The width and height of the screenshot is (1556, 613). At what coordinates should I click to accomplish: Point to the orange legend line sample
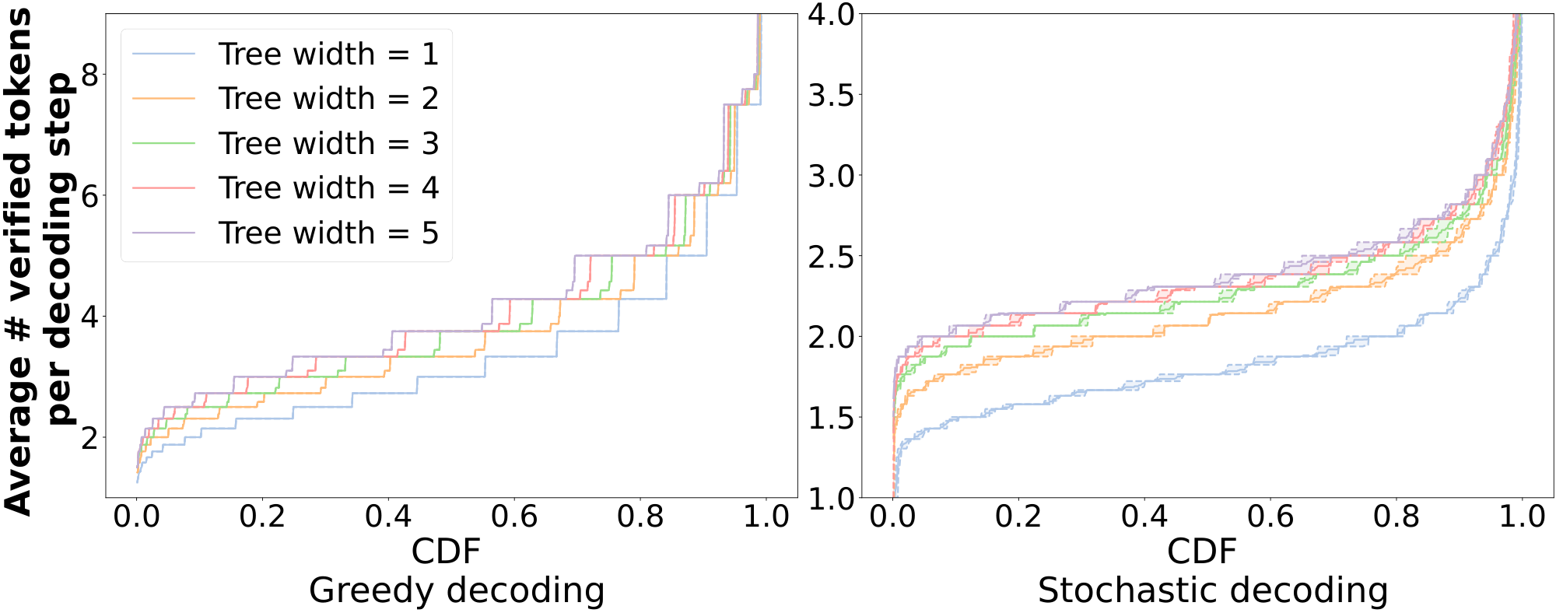pos(163,99)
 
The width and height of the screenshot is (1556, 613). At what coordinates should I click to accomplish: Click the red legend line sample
pos(163,188)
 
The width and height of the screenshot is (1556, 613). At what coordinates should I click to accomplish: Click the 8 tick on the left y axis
pos(90,75)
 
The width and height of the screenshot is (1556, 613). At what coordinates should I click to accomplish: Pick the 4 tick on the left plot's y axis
pos(90,317)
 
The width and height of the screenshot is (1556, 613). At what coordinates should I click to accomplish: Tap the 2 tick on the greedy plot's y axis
pos(90,438)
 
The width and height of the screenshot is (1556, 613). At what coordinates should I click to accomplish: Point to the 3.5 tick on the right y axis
pos(831,95)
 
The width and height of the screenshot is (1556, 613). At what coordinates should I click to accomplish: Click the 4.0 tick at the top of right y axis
pos(831,14)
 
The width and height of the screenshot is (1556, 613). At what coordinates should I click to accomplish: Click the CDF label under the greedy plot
pos(446,552)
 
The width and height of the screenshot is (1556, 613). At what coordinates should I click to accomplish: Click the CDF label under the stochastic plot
pos(1201,552)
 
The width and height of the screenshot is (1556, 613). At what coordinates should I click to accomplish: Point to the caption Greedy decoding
pos(457,590)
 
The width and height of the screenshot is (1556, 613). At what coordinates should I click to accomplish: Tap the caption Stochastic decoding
pos(1212,590)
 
